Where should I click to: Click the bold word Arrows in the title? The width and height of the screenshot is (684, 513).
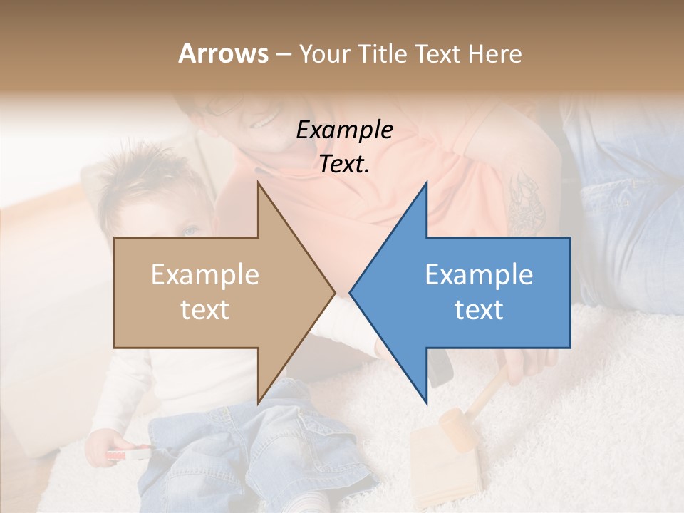point(223,53)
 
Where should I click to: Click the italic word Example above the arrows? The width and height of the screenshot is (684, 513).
point(344,130)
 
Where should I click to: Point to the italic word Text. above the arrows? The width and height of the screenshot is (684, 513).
point(344,164)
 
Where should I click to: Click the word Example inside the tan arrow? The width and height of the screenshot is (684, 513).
point(205,274)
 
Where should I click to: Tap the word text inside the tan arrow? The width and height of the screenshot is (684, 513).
point(205,309)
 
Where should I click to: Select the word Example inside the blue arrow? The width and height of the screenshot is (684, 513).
point(479,274)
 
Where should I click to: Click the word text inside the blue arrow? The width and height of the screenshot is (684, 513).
point(479,309)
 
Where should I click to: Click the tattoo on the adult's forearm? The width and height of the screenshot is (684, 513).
point(526,199)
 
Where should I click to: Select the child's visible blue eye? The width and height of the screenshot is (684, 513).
point(190,232)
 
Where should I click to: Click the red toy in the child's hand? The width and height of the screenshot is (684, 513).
point(128,453)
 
